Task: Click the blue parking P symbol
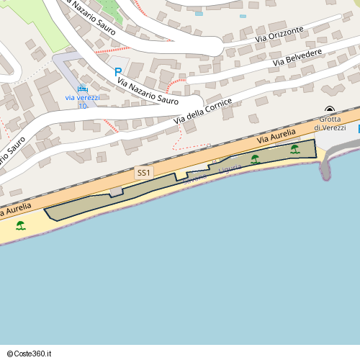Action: click(x=118, y=73)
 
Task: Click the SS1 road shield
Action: click(x=143, y=173)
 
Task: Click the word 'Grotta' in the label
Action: click(x=330, y=119)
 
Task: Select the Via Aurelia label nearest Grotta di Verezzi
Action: click(x=276, y=138)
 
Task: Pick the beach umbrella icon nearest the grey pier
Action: click(x=295, y=149)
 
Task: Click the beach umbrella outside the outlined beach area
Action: click(x=21, y=225)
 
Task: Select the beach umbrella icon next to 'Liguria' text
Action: click(x=255, y=159)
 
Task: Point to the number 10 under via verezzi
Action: click(x=83, y=106)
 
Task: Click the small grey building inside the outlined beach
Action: click(x=116, y=192)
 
